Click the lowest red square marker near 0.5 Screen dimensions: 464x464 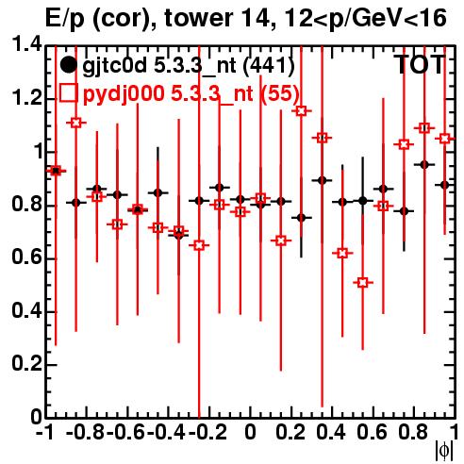(363, 283)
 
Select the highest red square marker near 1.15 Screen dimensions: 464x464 (301, 111)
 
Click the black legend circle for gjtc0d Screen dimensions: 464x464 (68, 65)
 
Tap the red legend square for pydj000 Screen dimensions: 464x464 (68, 92)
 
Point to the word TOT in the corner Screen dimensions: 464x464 (420, 65)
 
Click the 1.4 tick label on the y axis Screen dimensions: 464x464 (26, 45)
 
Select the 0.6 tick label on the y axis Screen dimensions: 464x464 (26, 257)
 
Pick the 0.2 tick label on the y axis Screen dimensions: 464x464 (26, 364)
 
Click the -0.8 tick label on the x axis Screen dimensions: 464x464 (86, 433)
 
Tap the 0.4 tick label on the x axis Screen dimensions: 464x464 (331, 433)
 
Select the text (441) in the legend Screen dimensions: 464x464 (269, 66)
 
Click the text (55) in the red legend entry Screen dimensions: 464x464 (279, 93)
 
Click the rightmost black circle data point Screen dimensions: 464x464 (444, 185)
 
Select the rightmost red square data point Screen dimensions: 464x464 (444, 139)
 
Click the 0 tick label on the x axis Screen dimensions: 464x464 (250, 433)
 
